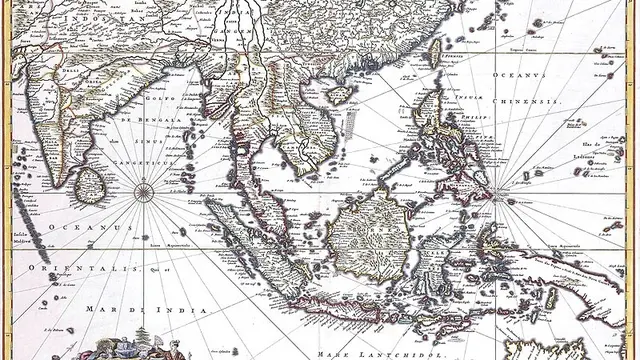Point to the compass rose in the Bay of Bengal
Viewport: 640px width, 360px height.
click(x=144, y=188)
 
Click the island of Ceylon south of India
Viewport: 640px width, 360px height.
click(x=91, y=183)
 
